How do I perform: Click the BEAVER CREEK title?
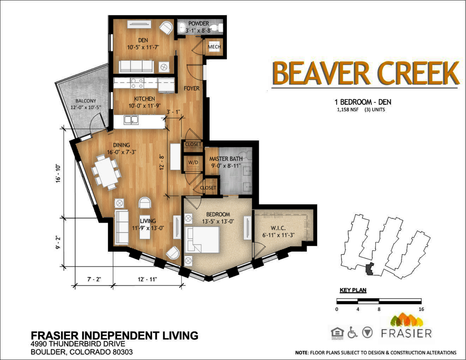click(365, 72)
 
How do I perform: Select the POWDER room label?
click(199, 23)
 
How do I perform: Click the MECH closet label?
click(215, 47)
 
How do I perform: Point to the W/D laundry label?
click(193, 162)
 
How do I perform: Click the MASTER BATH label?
click(226, 159)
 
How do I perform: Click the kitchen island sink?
click(131, 120)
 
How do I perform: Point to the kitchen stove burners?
click(137, 83)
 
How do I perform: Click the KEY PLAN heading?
click(353, 290)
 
